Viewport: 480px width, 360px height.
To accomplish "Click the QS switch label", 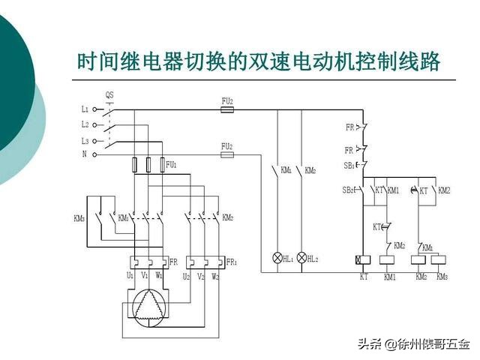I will tap(109, 95).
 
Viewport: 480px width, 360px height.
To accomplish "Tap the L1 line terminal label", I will tap(85, 109).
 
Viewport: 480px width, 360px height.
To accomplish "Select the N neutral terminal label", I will tap(85, 154).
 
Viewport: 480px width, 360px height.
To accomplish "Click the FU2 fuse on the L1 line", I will tap(226, 109).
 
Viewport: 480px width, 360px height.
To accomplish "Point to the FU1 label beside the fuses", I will tap(172, 163).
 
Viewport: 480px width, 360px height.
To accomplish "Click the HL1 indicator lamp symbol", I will tap(277, 257).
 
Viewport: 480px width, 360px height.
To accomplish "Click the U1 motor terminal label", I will tap(130, 275).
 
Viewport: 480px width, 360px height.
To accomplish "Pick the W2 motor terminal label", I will tap(215, 275).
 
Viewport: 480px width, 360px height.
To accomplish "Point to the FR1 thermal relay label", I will tap(232, 262).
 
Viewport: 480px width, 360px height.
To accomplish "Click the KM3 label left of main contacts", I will tap(79, 218).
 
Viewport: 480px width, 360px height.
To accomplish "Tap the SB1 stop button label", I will tap(350, 165).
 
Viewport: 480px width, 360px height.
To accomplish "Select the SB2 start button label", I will tap(349, 190).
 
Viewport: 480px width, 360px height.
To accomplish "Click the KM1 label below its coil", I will tap(389, 277).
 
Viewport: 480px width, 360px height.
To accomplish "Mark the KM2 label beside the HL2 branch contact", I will tap(310, 171).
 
